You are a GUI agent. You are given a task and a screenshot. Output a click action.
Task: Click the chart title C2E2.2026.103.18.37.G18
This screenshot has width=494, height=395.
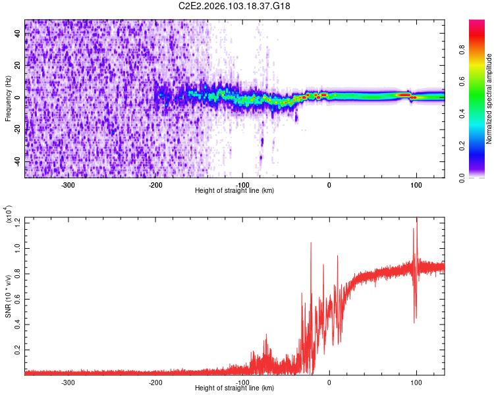[x=235, y=7]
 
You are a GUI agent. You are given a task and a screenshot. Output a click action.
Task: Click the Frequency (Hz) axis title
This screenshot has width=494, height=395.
[x=8, y=98]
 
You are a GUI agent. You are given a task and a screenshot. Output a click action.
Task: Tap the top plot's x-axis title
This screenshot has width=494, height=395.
[x=234, y=190]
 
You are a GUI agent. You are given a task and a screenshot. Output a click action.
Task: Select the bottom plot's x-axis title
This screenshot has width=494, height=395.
[x=234, y=388]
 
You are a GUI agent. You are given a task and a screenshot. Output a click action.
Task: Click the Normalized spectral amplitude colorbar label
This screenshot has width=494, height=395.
[x=489, y=99]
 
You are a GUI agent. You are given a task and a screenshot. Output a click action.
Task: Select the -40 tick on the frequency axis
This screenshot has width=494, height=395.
[x=18, y=162]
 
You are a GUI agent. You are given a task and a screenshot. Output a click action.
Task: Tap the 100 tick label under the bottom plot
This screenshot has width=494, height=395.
[x=416, y=381]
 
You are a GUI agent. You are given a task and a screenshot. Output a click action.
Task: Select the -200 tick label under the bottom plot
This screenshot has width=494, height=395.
[x=155, y=381]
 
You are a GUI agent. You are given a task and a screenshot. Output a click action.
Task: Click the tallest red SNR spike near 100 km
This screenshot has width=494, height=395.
[x=416, y=221]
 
